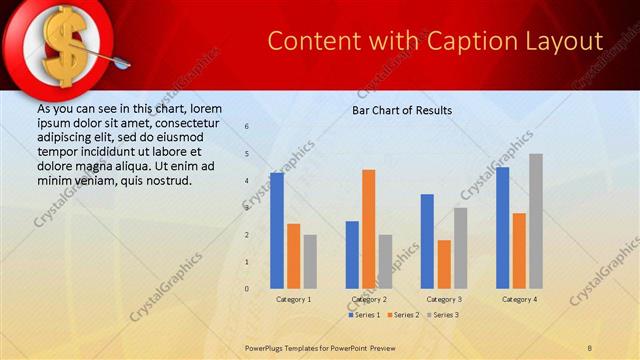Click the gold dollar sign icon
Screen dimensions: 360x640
click(x=62, y=45)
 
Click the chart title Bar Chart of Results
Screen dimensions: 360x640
click(x=402, y=110)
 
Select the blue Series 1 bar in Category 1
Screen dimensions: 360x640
click(x=277, y=231)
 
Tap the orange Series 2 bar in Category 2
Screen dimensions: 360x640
click(x=369, y=229)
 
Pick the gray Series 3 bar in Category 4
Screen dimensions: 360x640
click(x=536, y=221)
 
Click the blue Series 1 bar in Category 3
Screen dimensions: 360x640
click(x=427, y=241)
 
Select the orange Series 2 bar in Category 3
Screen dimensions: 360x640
click(x=444, y=264)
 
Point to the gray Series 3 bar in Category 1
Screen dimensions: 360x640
click(x=310, y=262)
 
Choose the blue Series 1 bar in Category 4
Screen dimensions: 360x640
click(x=503, y=228)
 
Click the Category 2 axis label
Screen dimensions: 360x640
click(x=369, y=299)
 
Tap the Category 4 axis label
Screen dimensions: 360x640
click(x=519, y=299)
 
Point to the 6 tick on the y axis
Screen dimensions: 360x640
click(x=247, y=127)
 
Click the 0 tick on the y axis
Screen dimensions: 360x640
click(x=247, y=289)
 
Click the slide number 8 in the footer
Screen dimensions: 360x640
click(x=590, y=347)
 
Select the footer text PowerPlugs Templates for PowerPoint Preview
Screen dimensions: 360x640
click(x=329, y=347)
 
